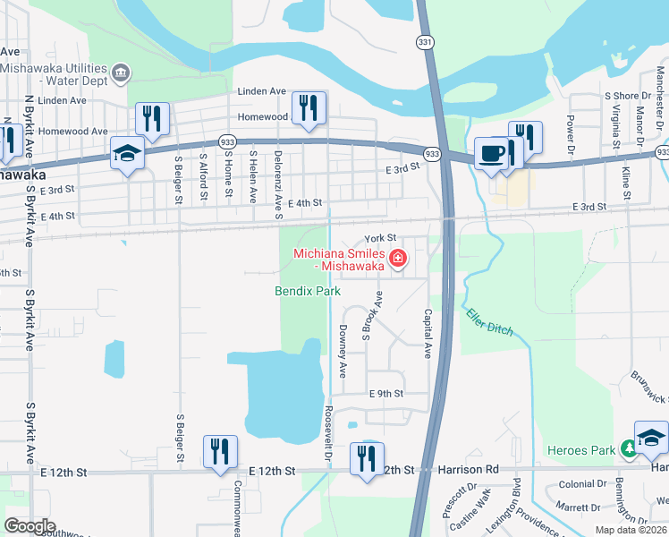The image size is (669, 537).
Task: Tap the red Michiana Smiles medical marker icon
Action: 398,260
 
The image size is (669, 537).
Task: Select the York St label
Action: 380,238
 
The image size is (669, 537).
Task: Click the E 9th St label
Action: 386,393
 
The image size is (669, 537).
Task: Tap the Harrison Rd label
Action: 468,469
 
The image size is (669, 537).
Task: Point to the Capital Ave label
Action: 428,331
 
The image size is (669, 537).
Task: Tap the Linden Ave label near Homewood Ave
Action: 261,91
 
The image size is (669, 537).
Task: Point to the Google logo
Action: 30,525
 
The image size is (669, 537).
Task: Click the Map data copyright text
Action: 630,530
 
